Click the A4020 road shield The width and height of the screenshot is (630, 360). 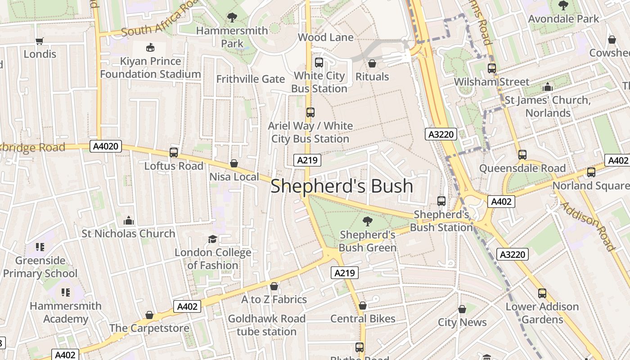pyautogui.click(x=106, y=146)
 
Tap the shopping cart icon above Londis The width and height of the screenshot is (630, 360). pyautogui.click(x=40, y=41)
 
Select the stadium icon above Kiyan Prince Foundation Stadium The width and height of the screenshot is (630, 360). pyautogui.click(x=150, y=47)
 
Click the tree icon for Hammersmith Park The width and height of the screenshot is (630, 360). pyautogui.click(x=232, y=18)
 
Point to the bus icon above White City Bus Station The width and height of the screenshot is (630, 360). pyautogui.click(x=319, y=63)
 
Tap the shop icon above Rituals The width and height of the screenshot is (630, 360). pyautogui.click(x=372, y=63)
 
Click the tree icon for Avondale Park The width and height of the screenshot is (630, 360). pyautogui.click(x=563, y=5)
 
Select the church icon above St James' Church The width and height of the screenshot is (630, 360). pyautogui.click(x=548, y=87)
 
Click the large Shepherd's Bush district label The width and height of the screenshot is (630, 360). pyautogui.click(x=342, y=186)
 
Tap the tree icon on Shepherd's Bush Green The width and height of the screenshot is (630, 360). pyautogui.click(x=368, y=221)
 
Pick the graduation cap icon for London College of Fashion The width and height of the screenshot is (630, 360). pyautogui.click(x=212, y=239)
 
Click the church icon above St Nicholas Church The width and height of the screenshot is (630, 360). pyautogui.click(x=129, y=220)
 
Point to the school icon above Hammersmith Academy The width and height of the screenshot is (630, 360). pyautogui.click(x=66, y=292)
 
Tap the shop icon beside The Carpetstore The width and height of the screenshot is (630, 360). pyautogui.click(x=149, y=315)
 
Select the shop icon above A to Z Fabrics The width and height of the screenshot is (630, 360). pyautogui.click(x=274, y=286)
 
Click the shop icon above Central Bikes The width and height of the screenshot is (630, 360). pyautogui.click(x=363, y=306)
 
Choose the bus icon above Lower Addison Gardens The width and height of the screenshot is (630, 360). pyautogui.click(x=542, y=293)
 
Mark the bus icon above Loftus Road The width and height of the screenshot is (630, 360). pyautogui.click(x=174, y=153)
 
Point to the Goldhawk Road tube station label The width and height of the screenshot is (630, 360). pyautogui.click(x=266, y=325)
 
